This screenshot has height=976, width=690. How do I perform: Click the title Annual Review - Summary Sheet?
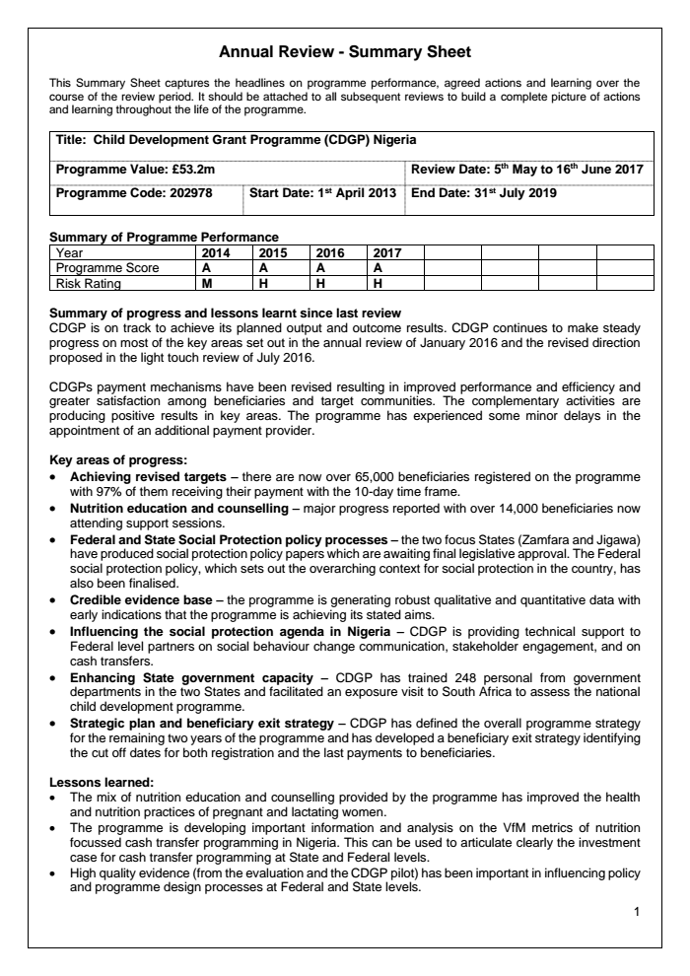click(345, 50)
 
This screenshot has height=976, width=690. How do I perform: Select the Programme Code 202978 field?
click(134, 193)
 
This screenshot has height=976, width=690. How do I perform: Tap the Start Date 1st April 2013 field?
click(322, 193)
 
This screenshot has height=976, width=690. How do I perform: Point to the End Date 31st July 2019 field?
click(484, 193)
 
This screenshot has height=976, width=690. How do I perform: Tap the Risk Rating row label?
click(89, 283)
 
